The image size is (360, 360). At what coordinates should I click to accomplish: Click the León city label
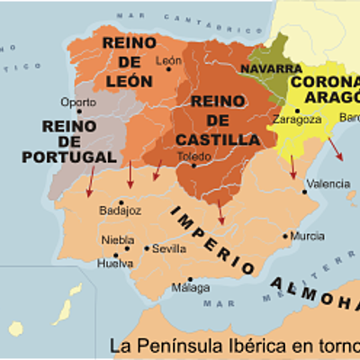(x=168, y=61)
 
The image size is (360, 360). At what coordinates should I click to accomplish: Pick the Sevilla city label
(x=169, y=248)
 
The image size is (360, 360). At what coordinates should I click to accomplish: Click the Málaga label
(x=190, y=287)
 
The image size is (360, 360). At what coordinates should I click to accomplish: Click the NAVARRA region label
(x=271, y=68)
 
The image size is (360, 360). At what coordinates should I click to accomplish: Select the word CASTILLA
(x=211, y=139)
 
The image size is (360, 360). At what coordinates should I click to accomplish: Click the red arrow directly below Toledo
(x=220, y=211)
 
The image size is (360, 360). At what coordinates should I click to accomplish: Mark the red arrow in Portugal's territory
(x=89, y=184)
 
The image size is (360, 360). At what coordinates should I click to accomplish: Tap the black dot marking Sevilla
(x=147, y=248)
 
